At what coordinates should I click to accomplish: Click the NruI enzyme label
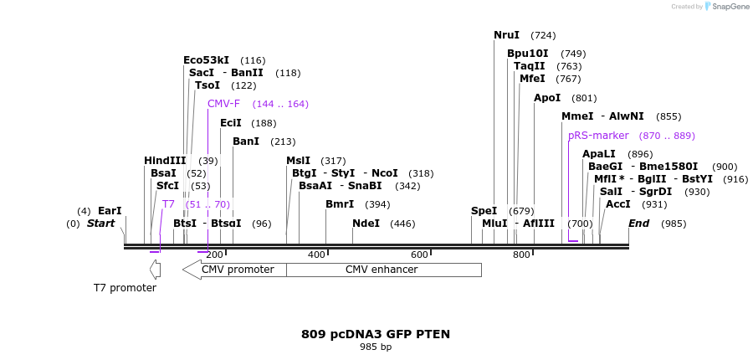coord(506,35)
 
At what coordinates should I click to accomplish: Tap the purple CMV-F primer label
coord(223,104)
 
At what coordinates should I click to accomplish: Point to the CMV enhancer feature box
coord(383,270)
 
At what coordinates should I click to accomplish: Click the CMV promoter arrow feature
coord(234,270)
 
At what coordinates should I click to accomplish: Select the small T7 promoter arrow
coord(155,270)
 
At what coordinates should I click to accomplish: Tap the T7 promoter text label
coord(125,288)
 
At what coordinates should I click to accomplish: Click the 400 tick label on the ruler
coord(316,255)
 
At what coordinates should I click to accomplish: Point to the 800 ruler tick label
coord(521,255)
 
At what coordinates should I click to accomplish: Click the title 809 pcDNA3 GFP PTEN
coord(376,334)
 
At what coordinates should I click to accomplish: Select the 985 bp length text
coord(376,347)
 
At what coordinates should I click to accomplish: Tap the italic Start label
coord(100,224)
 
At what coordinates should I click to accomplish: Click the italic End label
coord(638,224)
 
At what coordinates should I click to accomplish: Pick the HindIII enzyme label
coord(165,161)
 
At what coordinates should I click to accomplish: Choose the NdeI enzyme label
coord(366,224)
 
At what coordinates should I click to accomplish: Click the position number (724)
coord(543,35)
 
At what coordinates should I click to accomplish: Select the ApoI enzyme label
coord(547,98)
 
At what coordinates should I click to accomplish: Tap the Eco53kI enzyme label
coord(206,60)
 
